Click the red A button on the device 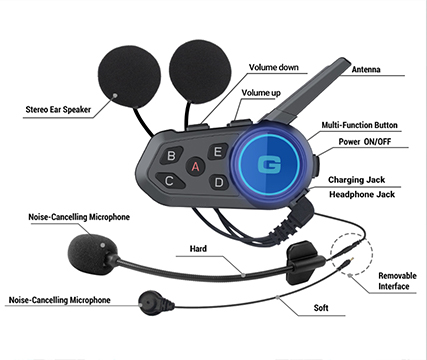pyautogui.click(x=195, y=166)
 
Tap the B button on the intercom pyautogui.click(x=171, y=155)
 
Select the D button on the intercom pyautogui.click(x=219, y=182)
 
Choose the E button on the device pyautogui.click(x=218, y=152)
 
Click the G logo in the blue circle pyautogui.click(x=269, y=165)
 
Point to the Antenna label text pyautogui.click(x=366, y=69)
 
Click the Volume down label pyautogui.click(x=274, y=67)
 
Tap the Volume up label pyautogui.click(x=261, y=93)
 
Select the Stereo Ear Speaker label pyautogui.click(x=58, y=109)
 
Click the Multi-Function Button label pyautogui.click(x=359, y=125)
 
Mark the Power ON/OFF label pyautogui.click(x=365, y=142)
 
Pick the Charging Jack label pyautogui.click(x=356, y=180)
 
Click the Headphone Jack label pyautogui.click(x=362, y=194)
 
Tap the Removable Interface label pyautogui.click(x=397, y=281)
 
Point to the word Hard pyautogui.click(x=198, y=249)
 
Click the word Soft pyautogui.click(x=321, y=308)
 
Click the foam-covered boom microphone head pyautogui.click(x=91, y=254)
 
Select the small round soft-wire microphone pyautogui.click(x=154, y=303)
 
